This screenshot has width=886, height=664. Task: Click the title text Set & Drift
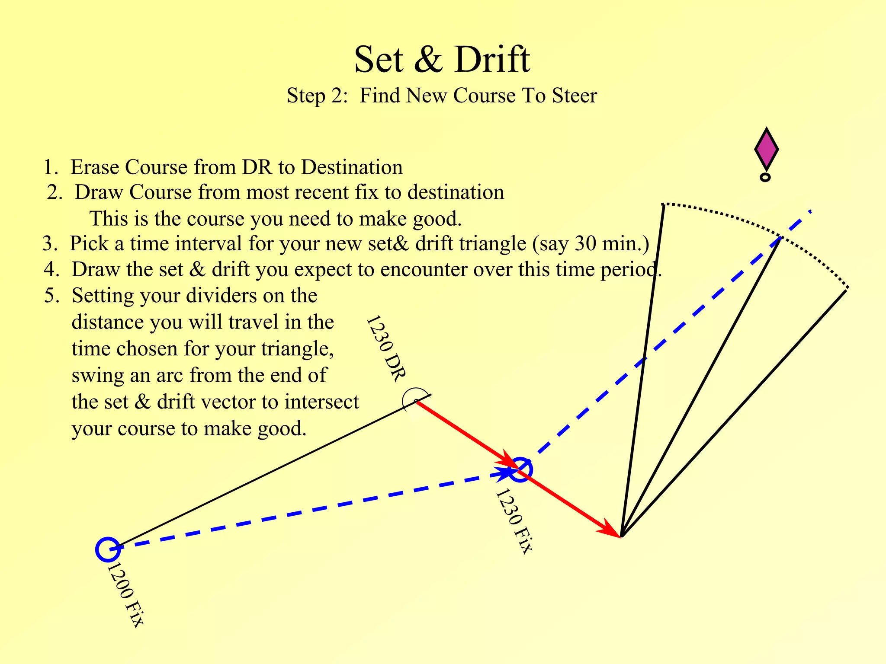[442, 60]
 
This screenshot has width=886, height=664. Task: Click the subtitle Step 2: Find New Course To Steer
[442, 96]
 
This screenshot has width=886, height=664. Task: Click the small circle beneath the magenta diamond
[765, 177]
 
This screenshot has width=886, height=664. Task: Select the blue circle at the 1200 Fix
[107, 549]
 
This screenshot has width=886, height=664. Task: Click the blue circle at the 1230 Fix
[520, 469]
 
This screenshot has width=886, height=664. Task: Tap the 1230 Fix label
[514, 521]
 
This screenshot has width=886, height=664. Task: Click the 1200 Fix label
[125, 595]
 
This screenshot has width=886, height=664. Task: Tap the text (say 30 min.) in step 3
[590, 244]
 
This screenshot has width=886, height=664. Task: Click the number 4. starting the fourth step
[52, 270]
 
